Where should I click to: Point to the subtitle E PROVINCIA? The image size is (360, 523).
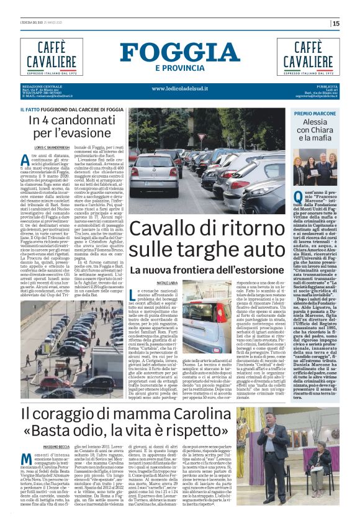[x=180, y=67]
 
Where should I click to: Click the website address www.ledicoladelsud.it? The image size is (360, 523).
[x=180, y=88]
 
